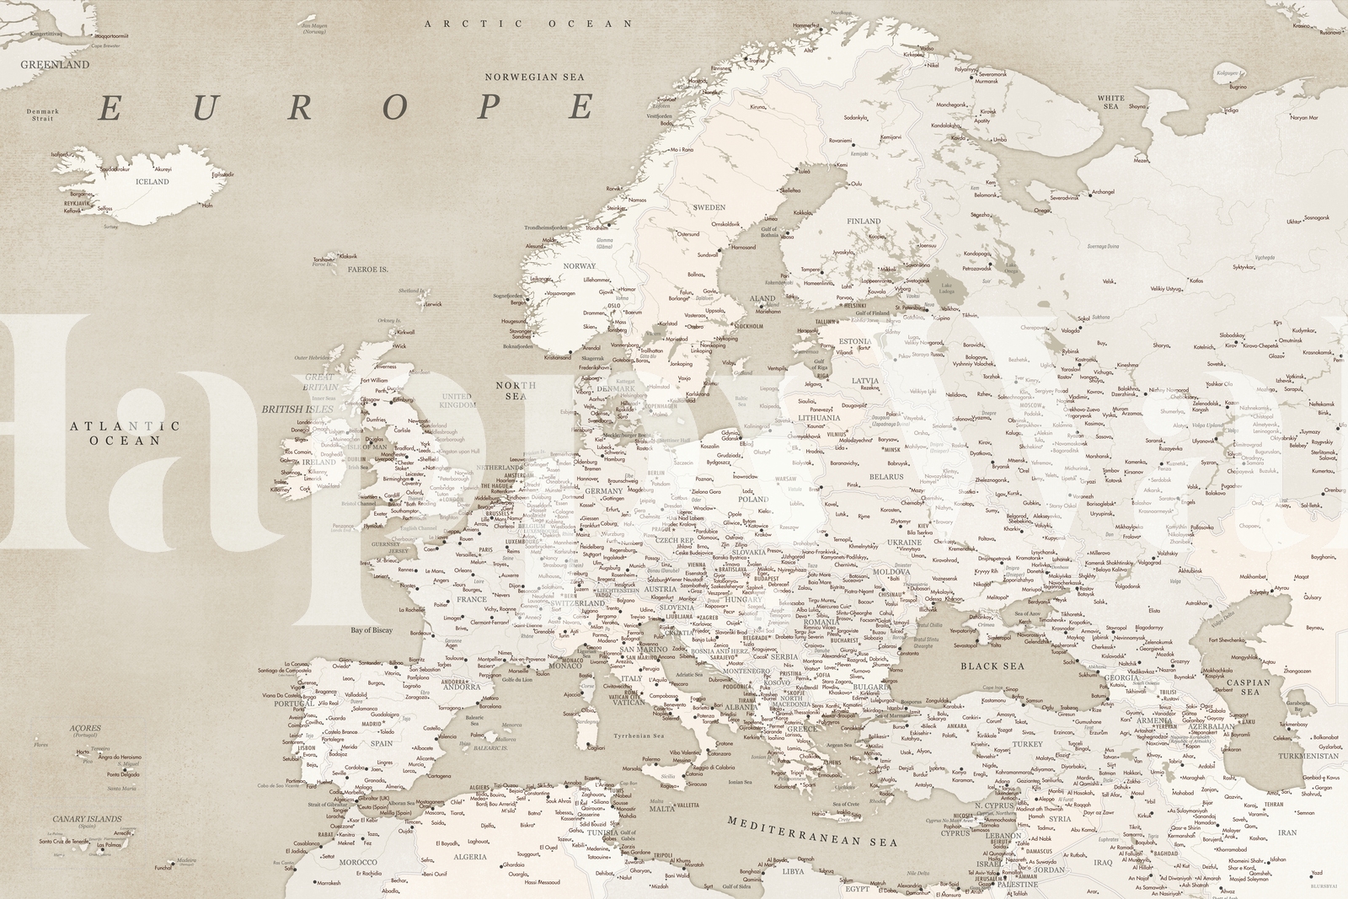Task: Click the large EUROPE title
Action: tap(346, 108)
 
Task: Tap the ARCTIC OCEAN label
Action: tap(528, 24)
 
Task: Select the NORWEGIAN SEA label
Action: tap(534, 76)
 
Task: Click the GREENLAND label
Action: tap(55, 64)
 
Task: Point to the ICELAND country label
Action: tap(152, 181)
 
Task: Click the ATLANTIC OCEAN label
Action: tap(126, 433)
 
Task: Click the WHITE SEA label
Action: tap(1110, 103)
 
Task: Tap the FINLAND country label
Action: tap(864, 222)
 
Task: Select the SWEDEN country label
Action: tap(709, 206)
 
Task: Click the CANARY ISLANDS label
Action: tap(87, 818)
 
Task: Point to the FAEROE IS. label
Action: tap(366, 270)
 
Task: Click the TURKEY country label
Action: tap(1027, 744)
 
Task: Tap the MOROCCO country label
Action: tap(358, 862)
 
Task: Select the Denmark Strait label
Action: tap(42, 115)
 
